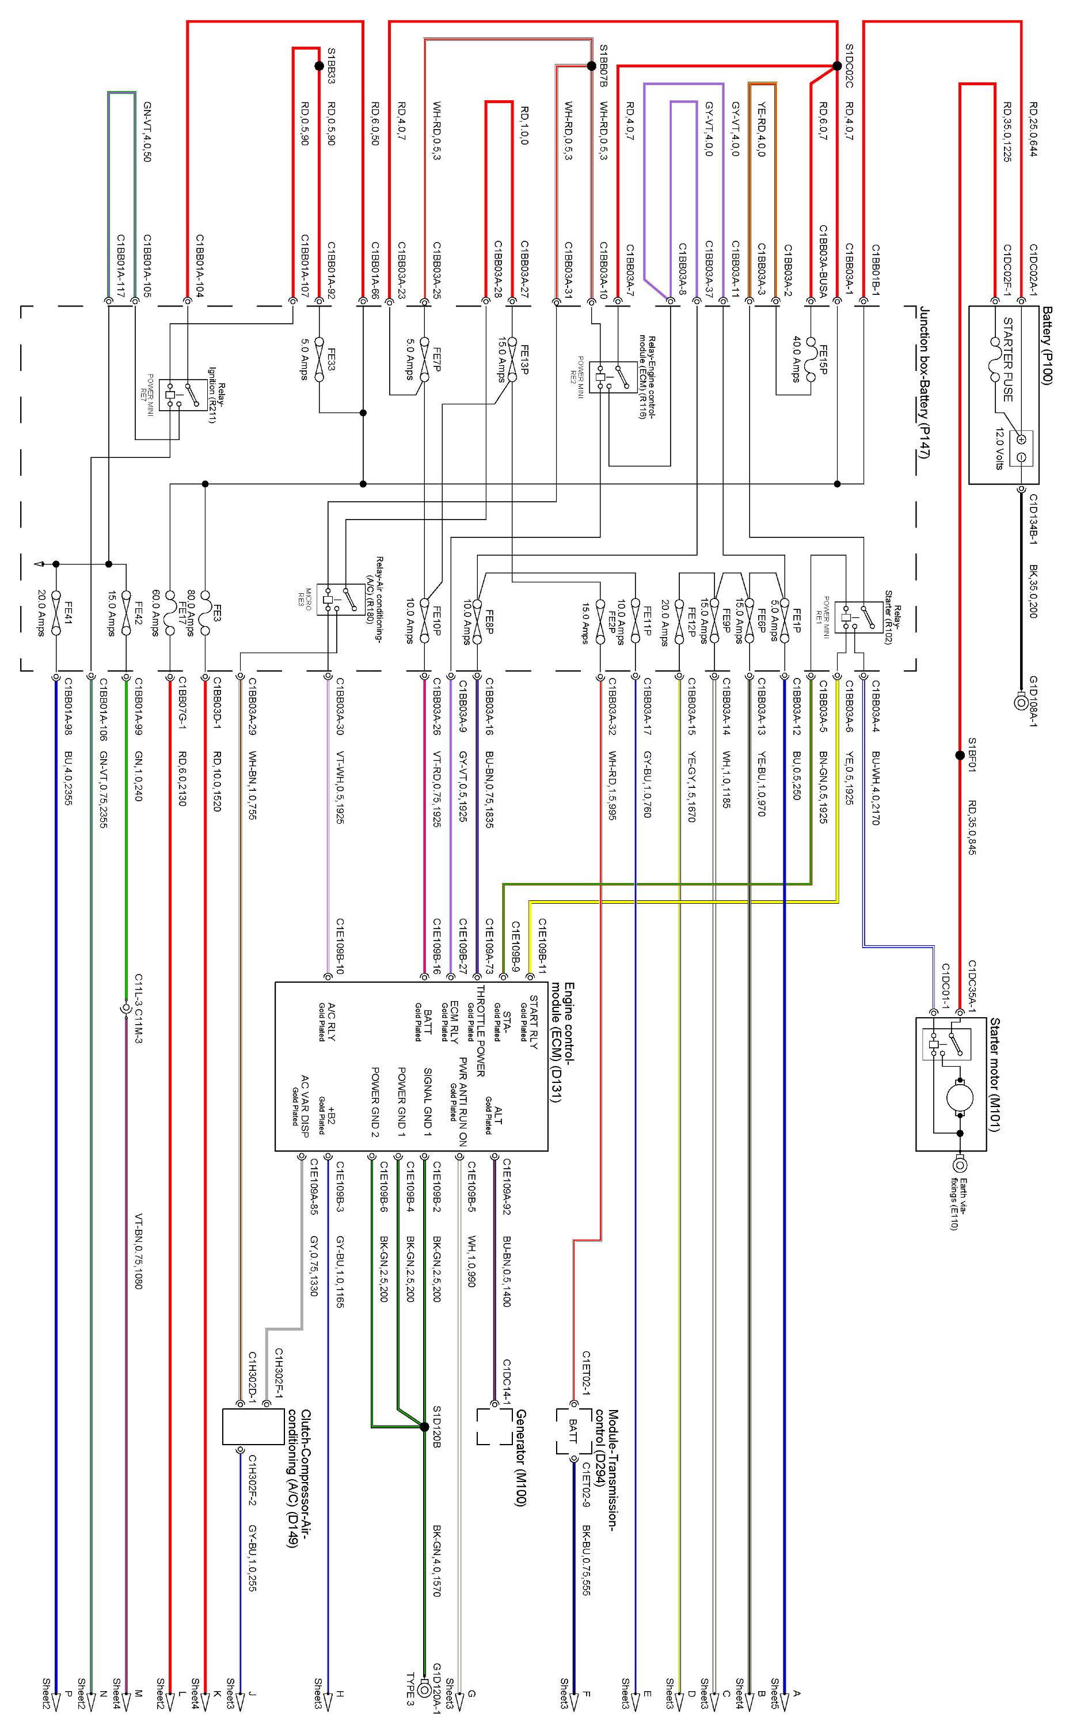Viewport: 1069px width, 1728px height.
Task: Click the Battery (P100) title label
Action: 1047,345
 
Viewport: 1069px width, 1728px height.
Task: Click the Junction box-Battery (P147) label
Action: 924,382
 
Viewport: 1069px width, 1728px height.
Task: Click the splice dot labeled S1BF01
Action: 960,756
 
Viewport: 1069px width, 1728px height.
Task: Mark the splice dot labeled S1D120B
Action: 424,1427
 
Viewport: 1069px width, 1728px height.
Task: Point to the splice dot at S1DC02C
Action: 838,66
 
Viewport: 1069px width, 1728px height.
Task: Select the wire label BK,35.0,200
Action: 1033,590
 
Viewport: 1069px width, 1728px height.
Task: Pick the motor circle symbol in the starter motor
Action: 960,1098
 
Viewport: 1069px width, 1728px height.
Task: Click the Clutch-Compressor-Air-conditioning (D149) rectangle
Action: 253,1427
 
